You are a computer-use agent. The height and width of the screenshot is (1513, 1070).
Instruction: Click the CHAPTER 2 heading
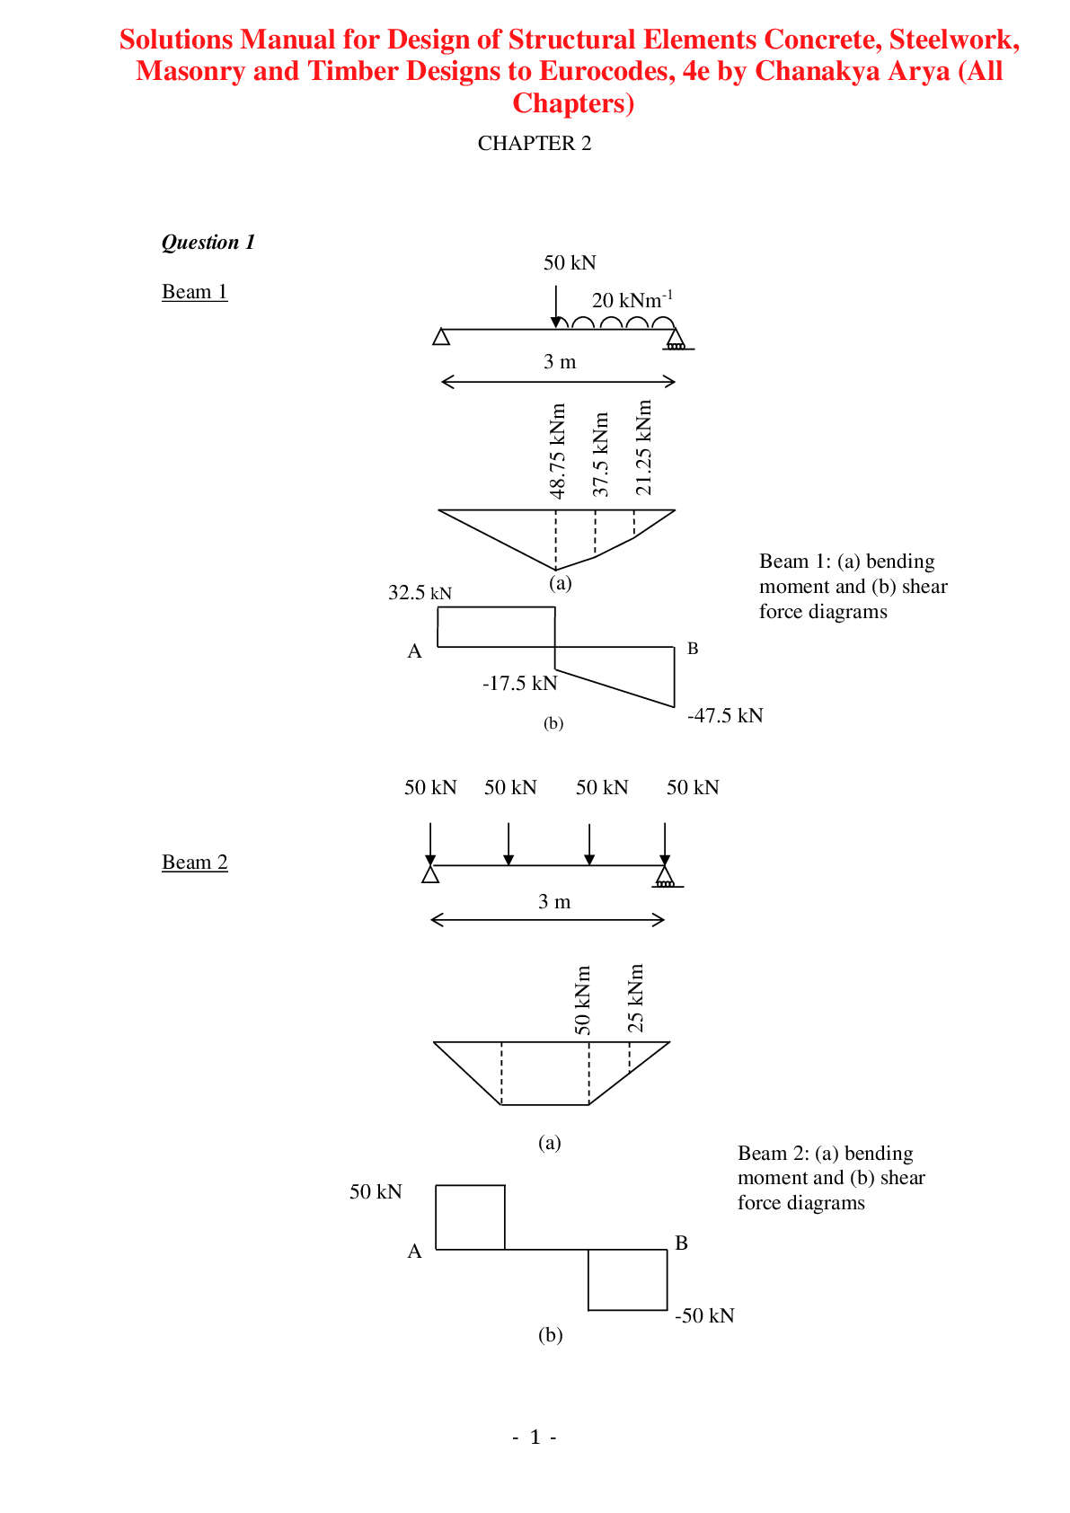535,143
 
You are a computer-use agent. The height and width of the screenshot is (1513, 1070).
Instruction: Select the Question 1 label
208,242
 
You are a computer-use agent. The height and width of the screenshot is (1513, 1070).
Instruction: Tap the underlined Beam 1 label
195,292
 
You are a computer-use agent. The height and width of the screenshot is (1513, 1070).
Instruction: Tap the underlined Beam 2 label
195,862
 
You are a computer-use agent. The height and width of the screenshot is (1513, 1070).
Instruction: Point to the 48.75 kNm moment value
557,450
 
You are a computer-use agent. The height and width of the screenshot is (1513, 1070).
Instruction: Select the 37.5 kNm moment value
600,454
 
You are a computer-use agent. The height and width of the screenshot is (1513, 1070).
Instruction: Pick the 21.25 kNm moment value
644,447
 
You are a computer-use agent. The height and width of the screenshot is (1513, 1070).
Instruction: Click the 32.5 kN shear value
420,592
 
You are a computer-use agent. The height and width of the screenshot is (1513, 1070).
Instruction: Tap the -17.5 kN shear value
519,683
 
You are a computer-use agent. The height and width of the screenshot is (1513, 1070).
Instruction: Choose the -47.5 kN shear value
725,715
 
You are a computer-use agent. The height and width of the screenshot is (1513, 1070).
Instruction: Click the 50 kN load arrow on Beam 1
556,306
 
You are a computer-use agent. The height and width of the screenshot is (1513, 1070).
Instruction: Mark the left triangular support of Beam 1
441,336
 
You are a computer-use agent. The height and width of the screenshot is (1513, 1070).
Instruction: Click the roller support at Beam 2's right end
666,876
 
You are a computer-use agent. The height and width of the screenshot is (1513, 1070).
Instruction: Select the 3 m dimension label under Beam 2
554,901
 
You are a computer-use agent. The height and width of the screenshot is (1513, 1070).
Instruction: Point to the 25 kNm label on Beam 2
636,997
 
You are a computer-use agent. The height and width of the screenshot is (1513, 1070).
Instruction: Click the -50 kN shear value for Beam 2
704,1315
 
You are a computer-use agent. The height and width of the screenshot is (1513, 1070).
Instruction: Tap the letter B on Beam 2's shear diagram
682,1243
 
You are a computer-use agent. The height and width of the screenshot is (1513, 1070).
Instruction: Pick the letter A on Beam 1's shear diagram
414,651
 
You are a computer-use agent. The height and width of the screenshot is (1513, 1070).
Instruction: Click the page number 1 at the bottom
535,1437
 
